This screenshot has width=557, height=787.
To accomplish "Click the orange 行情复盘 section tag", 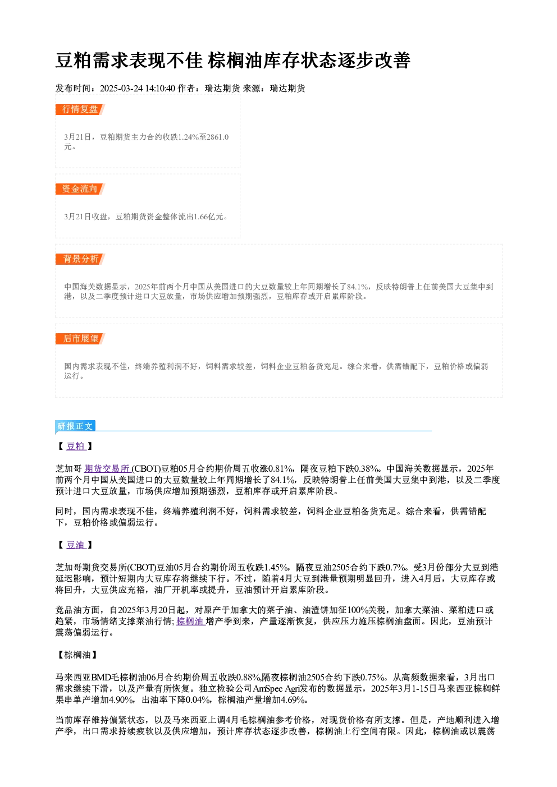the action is point(80,109).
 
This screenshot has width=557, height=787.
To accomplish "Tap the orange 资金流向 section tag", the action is point(80,189).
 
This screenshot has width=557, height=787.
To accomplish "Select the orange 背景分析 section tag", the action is point(80,259).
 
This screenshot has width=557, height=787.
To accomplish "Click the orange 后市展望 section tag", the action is point(80,339).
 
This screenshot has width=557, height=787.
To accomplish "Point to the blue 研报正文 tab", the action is point(75,426).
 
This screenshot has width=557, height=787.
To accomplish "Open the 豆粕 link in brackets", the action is point(76,446).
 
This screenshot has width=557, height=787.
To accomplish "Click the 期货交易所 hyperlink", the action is point(107,469).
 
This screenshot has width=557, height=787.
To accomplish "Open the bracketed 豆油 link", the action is point(76,545).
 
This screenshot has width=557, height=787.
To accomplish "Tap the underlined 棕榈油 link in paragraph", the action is point(190,621).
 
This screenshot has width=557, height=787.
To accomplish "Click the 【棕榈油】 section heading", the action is point(77,655).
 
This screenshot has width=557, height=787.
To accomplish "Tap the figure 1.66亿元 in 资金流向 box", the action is point(208,217).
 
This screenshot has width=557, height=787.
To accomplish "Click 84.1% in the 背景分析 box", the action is point(358,287).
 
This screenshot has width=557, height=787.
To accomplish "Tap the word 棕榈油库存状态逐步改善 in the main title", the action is point(309,61).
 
